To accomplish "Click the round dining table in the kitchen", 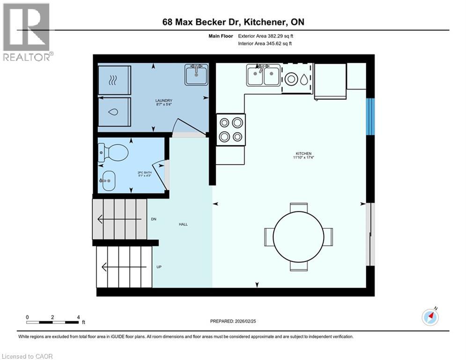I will click(x=298, y=237).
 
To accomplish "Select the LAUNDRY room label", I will click(x=164, y=101).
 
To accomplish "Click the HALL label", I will click(x=183, y=225).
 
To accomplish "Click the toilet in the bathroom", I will click(x=114, y=153).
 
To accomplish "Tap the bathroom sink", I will click(x=108, y=181).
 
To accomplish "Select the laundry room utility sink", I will click(x=196, y=75).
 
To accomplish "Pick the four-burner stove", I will click(x=231, y=129).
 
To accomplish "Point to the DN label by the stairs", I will click(x=154, y=219).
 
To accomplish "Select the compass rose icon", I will click(x=430, y=317).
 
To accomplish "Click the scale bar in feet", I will click(x=53, y=321).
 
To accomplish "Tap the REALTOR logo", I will click(x=27, y=32).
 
